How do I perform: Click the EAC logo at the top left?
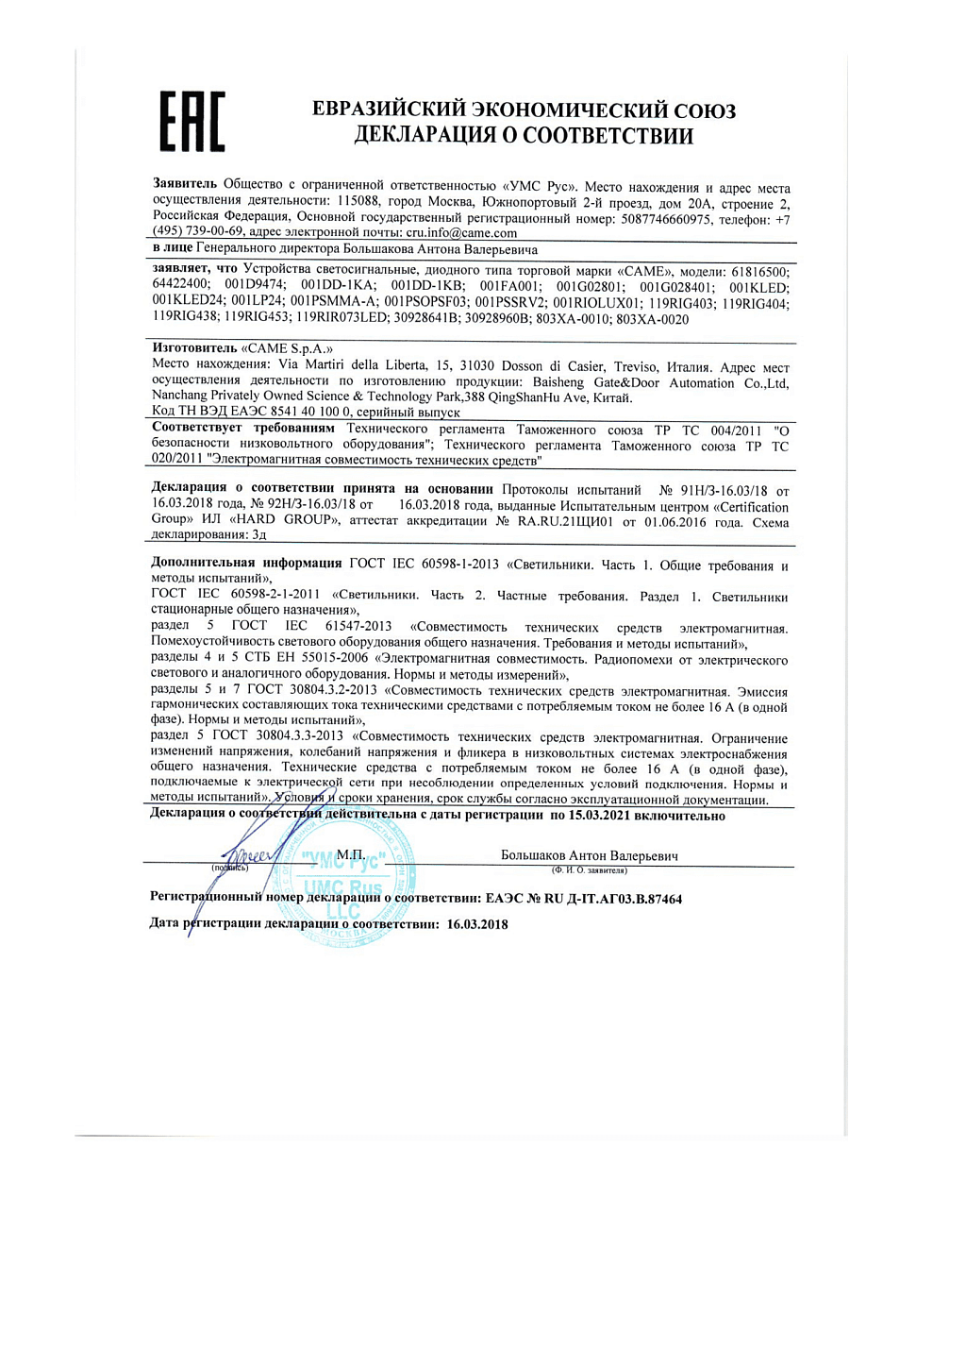[192, 122]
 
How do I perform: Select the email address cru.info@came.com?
[461, 233]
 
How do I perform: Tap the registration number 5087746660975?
[666, 219]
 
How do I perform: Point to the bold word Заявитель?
[185, 183]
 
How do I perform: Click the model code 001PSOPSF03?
[425, 302]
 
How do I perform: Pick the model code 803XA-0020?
[652, 319]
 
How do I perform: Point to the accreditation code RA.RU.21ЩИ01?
[565, 522]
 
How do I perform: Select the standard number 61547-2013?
[358, 626]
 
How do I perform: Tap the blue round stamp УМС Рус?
[343, 877]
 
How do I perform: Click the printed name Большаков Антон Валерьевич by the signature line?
[589, 855]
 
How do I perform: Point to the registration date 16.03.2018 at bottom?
[477, 924]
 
